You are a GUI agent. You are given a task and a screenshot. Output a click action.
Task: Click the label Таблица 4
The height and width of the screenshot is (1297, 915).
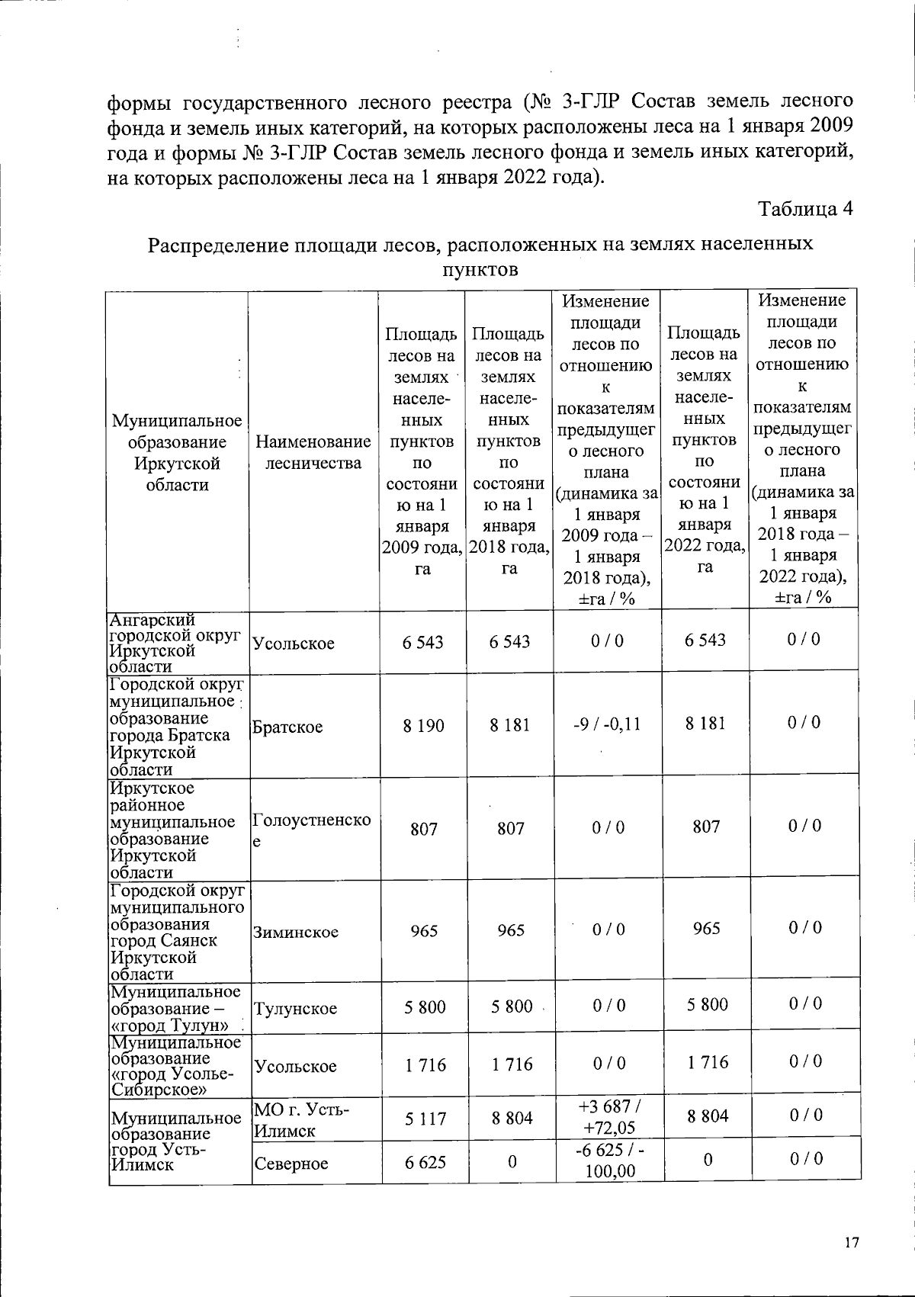804,209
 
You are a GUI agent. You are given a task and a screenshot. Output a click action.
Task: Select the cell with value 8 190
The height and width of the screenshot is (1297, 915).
423,725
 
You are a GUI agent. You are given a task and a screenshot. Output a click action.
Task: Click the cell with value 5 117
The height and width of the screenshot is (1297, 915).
423,1118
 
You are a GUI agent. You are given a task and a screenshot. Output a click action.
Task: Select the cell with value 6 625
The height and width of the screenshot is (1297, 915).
423,1162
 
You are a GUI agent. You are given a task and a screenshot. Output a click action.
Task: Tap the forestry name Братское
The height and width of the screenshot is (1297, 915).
287,727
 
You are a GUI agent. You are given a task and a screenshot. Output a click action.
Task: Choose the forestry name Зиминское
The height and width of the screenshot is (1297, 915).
296,932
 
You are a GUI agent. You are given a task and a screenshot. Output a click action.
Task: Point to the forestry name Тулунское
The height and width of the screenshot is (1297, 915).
295,1009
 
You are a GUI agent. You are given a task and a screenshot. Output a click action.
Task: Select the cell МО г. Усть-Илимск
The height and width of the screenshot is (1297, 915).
301,1119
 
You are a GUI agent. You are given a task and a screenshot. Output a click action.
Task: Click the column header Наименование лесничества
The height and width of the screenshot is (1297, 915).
313,452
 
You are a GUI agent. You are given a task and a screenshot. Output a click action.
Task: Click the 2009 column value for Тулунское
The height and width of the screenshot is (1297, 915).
423,1006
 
